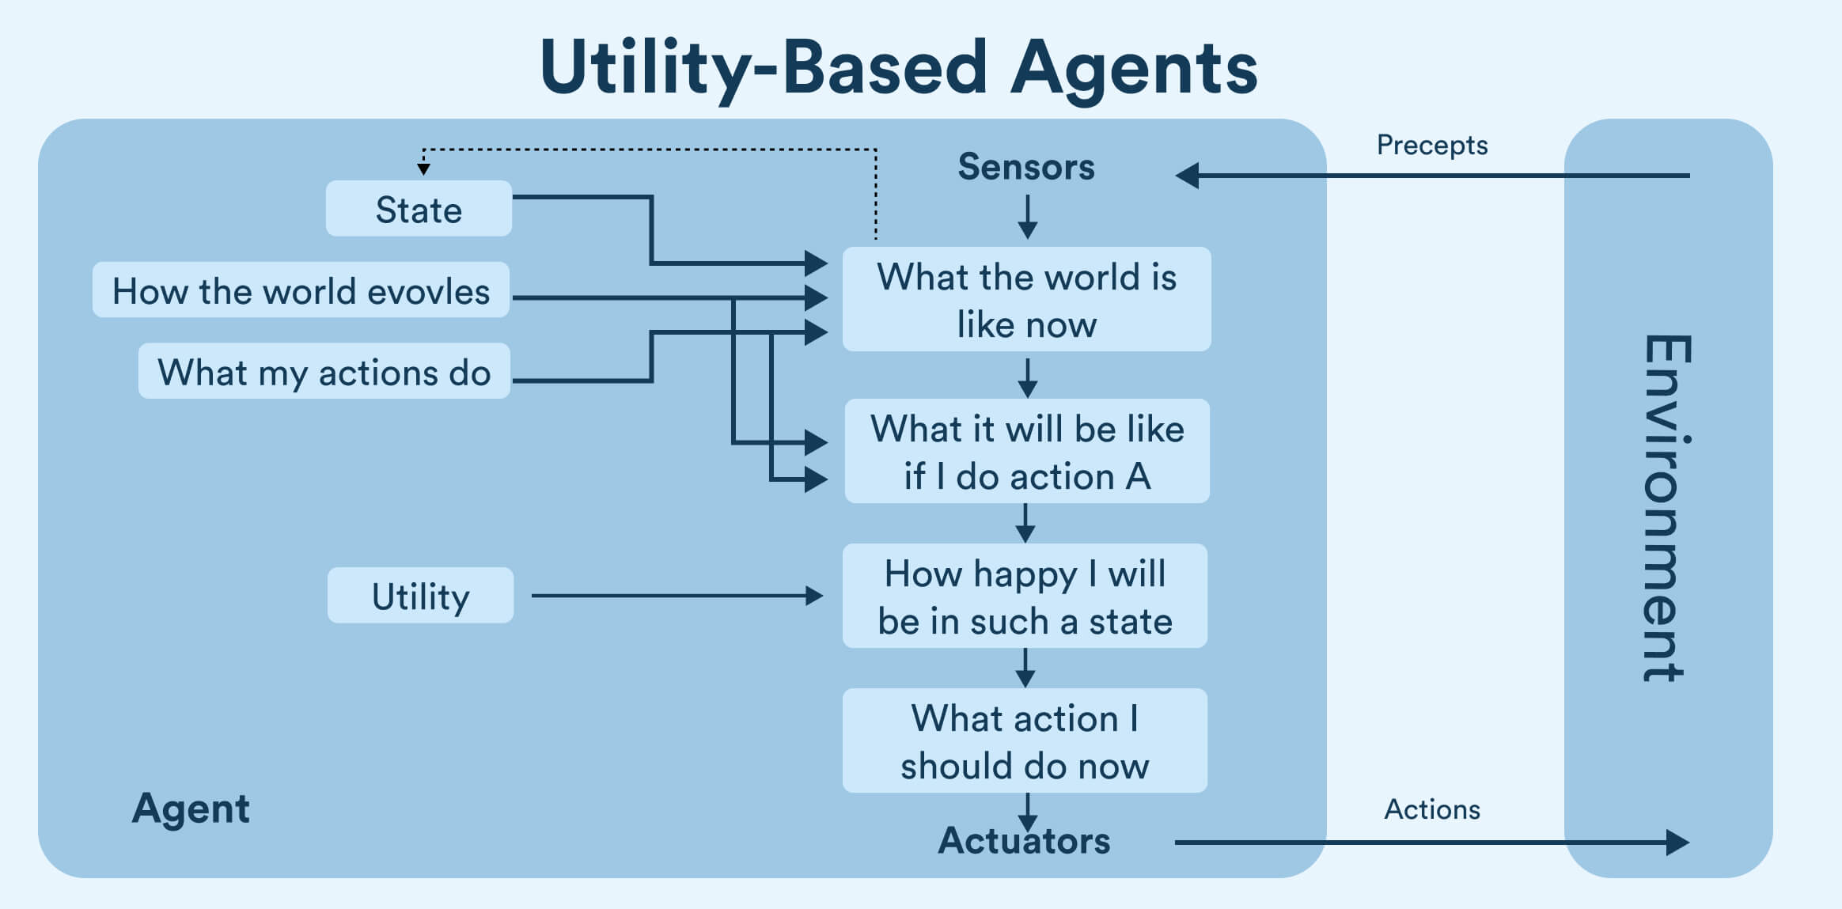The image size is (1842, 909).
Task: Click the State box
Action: point(419,209)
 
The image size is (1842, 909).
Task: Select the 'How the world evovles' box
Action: point(301,290)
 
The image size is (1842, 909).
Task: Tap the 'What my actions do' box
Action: point(324,371)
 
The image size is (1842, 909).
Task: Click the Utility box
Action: point(420,596)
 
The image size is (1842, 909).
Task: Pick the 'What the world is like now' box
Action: point(1026,300)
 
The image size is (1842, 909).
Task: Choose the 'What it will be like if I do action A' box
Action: point(1026,452)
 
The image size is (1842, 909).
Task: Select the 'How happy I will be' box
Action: point(1025,597)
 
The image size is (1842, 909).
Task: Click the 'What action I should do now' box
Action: point(1025,741)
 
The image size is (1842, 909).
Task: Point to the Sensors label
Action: point(1026,167)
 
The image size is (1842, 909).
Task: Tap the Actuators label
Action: point(1024,841)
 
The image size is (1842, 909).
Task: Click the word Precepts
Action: point(1431,146)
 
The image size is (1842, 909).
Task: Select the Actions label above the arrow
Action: point(1431,809)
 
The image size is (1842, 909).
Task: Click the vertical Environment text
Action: point(1666,506)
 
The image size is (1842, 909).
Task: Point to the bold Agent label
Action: point(191,809)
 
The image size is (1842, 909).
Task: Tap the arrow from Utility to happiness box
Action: point(677,596)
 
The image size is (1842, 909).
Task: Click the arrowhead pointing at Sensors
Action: point(1188,176)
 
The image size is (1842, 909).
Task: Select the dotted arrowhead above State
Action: point(424,169)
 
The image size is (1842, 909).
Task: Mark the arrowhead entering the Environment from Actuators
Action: point(1677,843)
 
